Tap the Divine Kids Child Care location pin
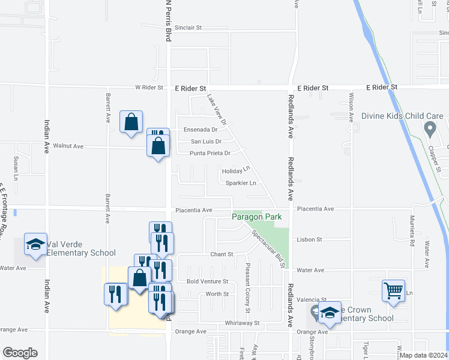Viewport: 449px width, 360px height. coord(429,128)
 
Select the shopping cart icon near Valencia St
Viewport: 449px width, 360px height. coord(394,290)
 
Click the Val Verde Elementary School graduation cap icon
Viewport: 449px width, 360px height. coord(35,244)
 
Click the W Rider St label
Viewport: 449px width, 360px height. coord(149,88)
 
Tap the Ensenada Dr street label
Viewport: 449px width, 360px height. coord(200,130)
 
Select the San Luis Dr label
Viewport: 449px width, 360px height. coord(206,142)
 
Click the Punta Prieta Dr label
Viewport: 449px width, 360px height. coord(210,154)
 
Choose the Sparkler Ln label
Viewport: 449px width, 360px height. coord(241,183)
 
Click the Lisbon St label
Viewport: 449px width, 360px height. coord(310,239)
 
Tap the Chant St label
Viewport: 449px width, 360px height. coord(221,254)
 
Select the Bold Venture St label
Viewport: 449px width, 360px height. coord(208,281)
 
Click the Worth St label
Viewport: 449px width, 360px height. coord(217,294)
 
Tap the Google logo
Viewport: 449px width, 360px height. coord(20,353)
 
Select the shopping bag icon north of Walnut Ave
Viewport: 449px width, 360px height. coord(131,122)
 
